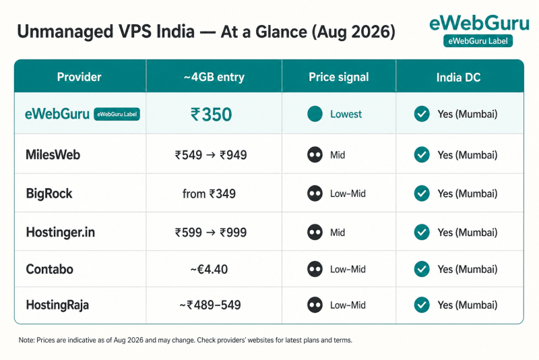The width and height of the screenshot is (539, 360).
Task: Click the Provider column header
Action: point(79,77)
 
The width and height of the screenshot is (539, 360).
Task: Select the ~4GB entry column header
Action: point(214,77)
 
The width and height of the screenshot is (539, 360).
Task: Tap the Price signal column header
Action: point(339,77)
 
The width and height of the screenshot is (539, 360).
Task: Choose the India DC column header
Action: point(458,78)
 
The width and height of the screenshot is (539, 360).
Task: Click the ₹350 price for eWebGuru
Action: point(212,115)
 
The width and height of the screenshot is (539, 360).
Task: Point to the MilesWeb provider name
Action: point(53,155)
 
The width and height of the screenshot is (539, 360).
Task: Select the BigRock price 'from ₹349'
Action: point(209,193)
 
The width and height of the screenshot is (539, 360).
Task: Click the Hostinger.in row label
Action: point(61,233)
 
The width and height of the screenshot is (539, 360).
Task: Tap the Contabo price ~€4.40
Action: point(209,269)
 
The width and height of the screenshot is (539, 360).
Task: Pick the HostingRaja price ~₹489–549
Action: point(210,305)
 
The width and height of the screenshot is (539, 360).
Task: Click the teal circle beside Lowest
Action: point(315,114)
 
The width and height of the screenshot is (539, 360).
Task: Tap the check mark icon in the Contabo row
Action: point(422,269)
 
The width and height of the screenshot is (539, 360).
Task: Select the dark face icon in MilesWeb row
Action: point(315,155)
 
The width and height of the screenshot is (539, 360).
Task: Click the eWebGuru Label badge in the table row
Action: point(117,114)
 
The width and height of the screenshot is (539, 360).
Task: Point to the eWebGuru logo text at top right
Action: point(479,24)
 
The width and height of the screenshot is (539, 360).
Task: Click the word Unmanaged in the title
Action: point(65,32)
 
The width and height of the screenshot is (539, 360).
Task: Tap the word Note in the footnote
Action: point(26,340)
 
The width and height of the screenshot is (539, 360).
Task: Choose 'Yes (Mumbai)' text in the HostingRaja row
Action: point(467,305)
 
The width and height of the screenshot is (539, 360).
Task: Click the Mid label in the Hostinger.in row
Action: point(338,233)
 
